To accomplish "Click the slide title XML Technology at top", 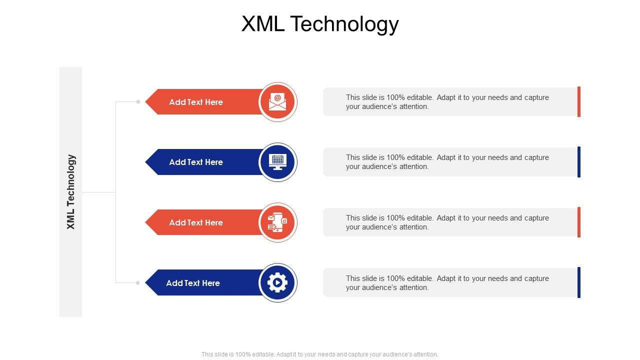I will pos(320,23).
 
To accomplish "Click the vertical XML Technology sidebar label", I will pos(71,192).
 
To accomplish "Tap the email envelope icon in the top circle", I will pos(278,101).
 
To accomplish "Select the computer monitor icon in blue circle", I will pos(278,162).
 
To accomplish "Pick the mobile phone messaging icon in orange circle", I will pos(278,222).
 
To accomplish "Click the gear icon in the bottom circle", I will pos(278,283).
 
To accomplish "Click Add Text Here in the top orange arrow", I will pos(196,102).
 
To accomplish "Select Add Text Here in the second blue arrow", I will pos(196,162).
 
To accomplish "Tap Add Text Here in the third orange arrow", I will pos(196,222).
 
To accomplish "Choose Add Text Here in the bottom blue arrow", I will pos(193,283).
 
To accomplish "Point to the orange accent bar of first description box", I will pos(579,101).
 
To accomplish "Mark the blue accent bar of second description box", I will pos(579,162).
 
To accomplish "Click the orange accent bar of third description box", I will pos(579,222).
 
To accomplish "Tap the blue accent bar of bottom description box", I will pos(579,282).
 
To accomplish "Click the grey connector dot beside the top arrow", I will pos(138,102).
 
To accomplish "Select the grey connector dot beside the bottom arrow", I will pos(138,283).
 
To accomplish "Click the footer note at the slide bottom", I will pos(320,354).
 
